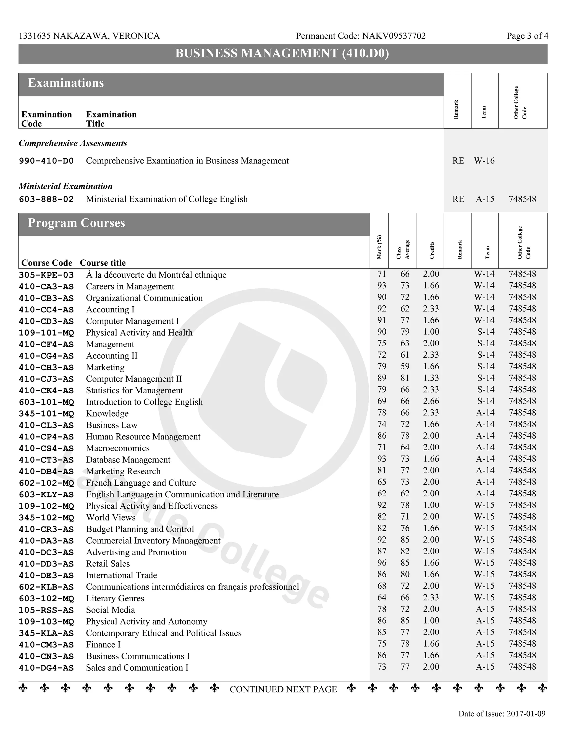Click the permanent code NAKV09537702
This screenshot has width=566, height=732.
coord(394,36)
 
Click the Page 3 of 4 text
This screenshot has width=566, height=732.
coord(527,36)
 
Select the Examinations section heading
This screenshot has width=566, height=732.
coord(66,83)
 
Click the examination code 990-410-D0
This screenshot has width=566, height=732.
coord(46,161)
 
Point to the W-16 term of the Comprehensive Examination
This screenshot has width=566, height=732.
coord(484,161)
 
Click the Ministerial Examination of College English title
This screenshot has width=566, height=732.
coord(167,199)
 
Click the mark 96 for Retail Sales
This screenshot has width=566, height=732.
coord(382,563)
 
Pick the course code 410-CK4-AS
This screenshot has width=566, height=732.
coord(46,391)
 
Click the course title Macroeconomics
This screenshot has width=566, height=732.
coord(118,448)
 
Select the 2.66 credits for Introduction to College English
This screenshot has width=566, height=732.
coord(431,401)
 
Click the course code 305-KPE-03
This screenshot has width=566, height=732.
coord(46,275)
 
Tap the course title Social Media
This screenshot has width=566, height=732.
coord(110,610)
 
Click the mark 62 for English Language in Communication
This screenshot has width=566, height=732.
coord(382,493)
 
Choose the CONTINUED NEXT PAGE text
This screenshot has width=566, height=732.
coord(283,689)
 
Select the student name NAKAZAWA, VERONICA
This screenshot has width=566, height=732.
coord(106,36)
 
